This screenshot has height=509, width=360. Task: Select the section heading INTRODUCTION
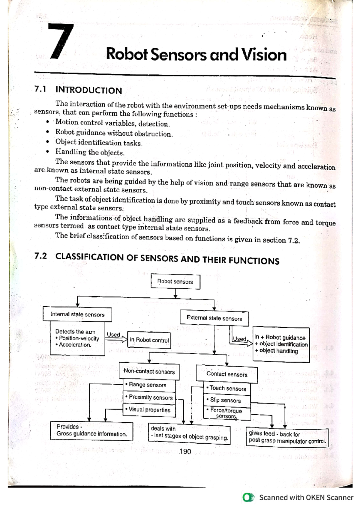(88, 90)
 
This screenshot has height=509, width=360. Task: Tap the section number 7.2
(40, 256)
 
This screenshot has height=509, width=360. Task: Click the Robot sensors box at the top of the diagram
(175, 281)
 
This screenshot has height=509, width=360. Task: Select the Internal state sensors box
(77, 314)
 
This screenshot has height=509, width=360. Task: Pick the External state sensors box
(214, 318)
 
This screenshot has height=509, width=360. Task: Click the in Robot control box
(149, 340)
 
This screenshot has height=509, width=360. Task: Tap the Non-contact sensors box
(149, 371)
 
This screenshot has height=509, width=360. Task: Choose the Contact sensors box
(227, 374)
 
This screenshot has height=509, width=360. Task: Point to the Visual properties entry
(149, 410)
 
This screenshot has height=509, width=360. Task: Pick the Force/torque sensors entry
(226, 413)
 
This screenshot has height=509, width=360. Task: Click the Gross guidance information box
(91, 431)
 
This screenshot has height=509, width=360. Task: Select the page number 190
(185, 452)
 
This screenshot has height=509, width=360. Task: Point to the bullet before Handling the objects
(47, 152)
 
